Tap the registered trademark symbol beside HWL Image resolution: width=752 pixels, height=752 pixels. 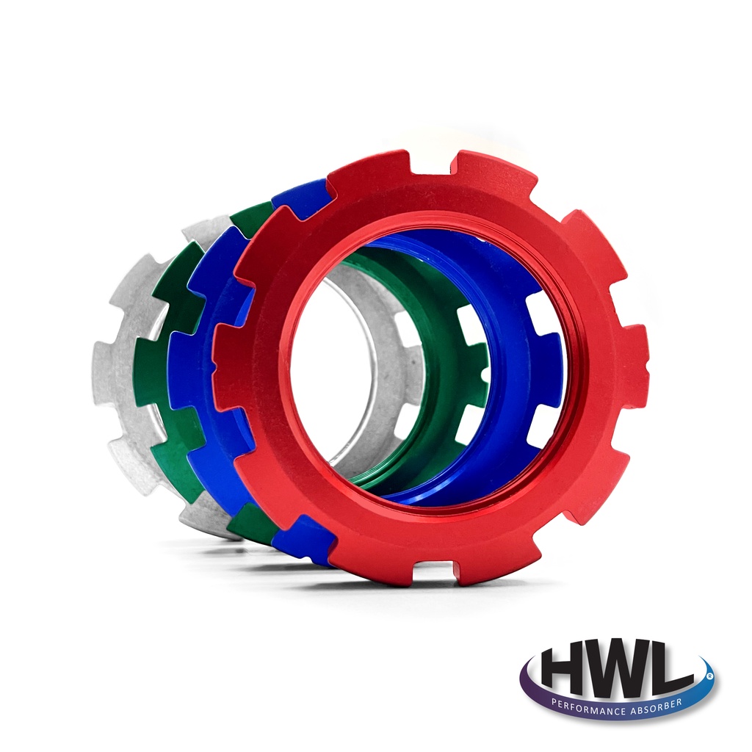click(x=709, y=674)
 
